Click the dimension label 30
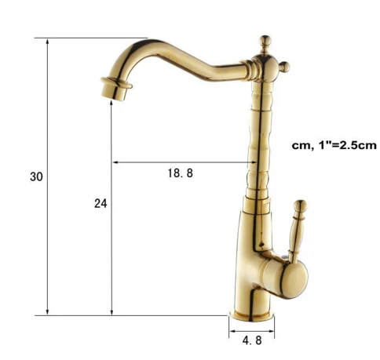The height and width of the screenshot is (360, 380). coord(36,176)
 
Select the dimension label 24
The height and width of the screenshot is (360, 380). coord(100,203)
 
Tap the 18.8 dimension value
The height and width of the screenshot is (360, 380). coord(181,173)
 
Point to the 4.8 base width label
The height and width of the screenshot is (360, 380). coord(252,340)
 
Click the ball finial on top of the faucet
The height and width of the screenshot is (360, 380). coord(265,41)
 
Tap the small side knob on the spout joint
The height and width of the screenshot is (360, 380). coord(285,67)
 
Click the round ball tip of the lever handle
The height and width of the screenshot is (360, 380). coord(300,205)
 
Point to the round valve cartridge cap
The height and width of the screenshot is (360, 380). coord(294,279)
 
